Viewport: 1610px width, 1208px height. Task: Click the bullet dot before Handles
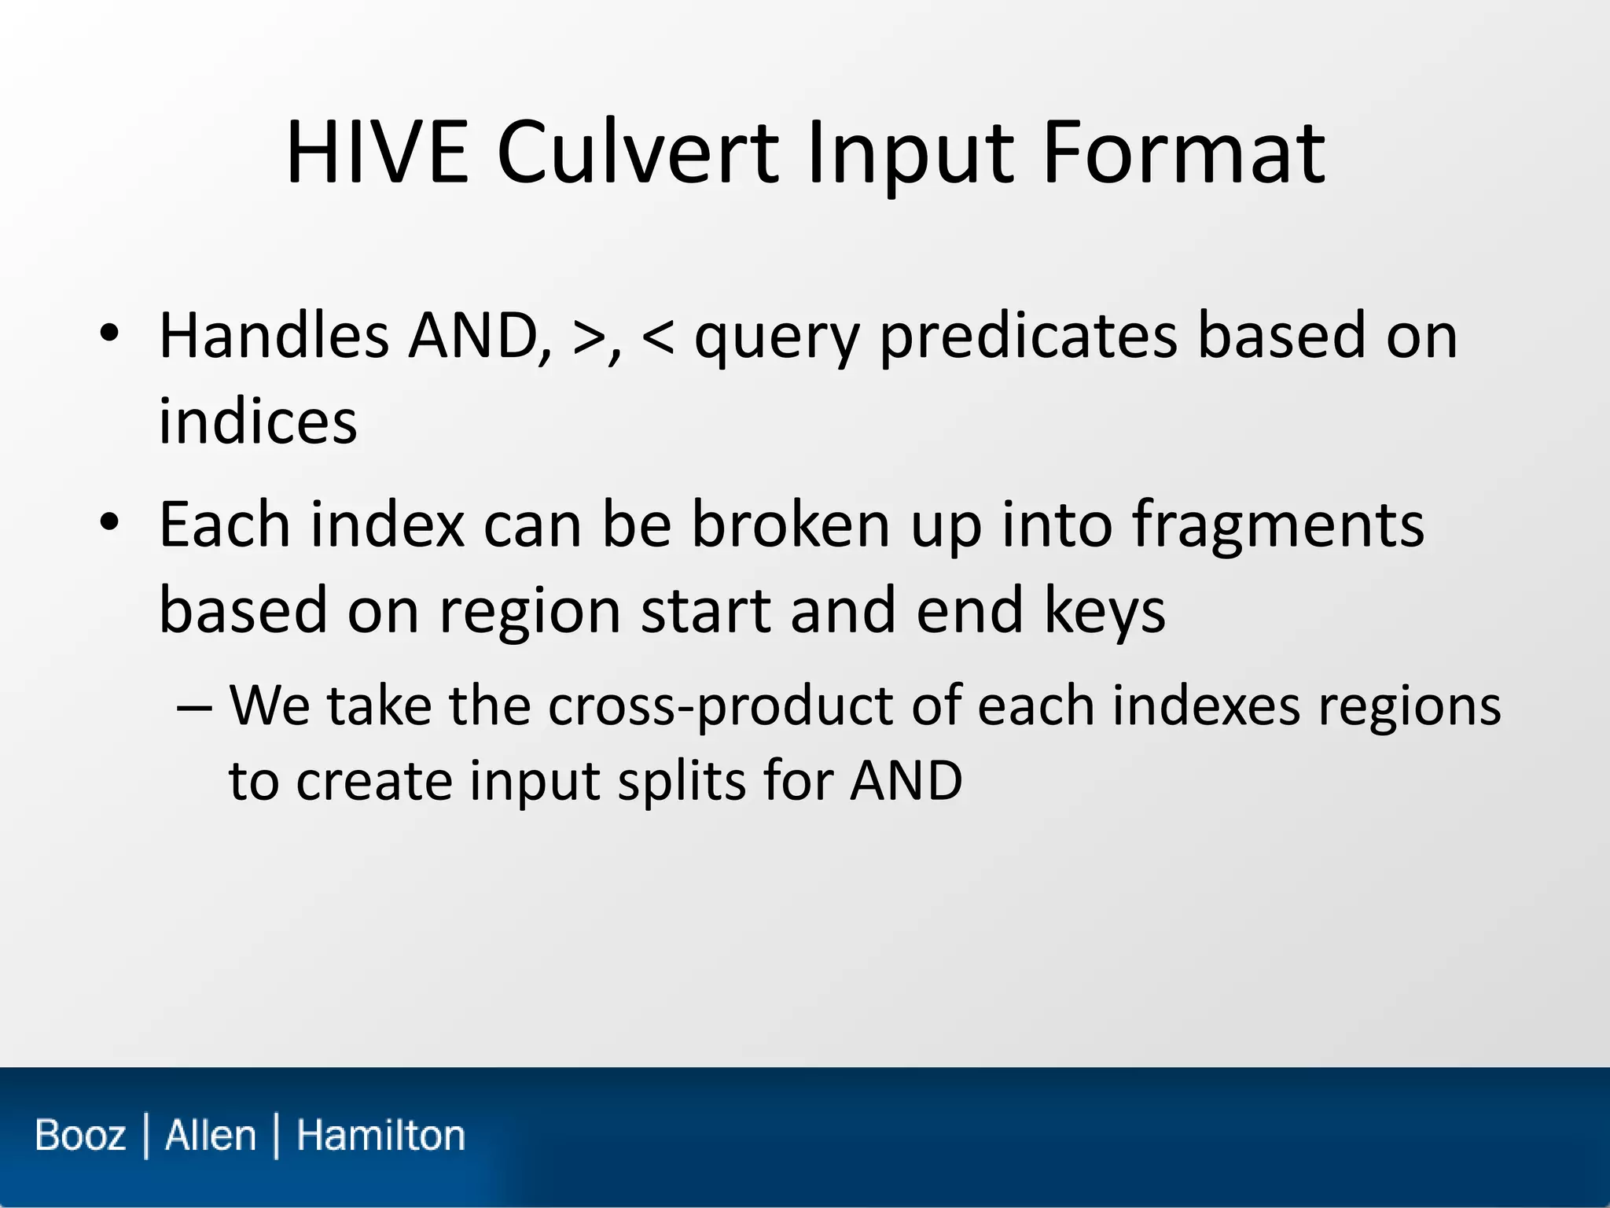pyautogui.click(x=109, y=334)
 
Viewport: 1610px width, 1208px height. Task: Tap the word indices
pyautogui.click(x=258, y=421)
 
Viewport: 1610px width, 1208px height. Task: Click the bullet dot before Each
pyautogui.click(x=109, y=522)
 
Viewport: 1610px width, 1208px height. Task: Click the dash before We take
pyautogui.click(x=194, y=705)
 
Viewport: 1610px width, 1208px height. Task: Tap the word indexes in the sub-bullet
pyautogui.click(x=1207, y=705)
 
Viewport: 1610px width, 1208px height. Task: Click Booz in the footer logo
pyautogui.click(x=80, y=1136)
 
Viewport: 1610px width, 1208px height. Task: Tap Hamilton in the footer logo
pyautogui.click(x=380, y=1136)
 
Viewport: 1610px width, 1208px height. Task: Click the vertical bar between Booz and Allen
pyautogui.click(x=146, y=1136)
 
